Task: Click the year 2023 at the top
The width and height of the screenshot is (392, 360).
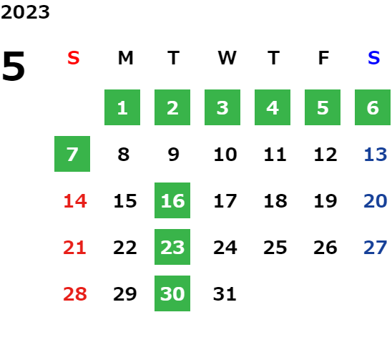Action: pyautogui.click(x=25, y=12)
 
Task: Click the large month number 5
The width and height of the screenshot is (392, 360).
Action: pyautogui.click(x=14, y=66)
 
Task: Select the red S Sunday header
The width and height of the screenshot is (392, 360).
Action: pyautogui.click(x=74, y=58)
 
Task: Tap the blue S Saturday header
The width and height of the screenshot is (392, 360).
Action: pyautogui.click(x=373, y=58)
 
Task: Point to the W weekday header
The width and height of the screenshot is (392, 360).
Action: pyautogui.click(x=227, y=58)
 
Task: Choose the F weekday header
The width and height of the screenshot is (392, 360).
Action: pyautogui.click(x=323, y=58)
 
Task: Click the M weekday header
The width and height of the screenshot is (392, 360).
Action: pyautogui.click(x=125, y=58)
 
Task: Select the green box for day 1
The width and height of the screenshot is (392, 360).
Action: pyautogui.click(x=122, y=107)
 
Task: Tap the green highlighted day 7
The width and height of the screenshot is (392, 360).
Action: pyautogui.click(x=72, y=154)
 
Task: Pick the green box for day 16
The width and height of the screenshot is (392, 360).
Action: pyautogui.click(x=172, y=200)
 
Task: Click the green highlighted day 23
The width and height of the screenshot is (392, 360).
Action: pyautogui.click(x=172, y=247)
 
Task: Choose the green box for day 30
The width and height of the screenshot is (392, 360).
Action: pyautogui.click(x=172, y=293)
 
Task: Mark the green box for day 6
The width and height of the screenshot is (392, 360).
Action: pyautogui.click(x=373, y=107)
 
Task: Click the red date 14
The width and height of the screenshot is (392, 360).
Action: pyautogui.click(x=75, y=201)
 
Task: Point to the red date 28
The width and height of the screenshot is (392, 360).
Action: pyautogui.click(x=75, y=294)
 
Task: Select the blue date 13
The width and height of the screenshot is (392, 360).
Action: pyautogui.click(x=376, y=155)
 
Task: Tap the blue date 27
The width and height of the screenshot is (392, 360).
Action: pyautogui.click(x=376, y=248)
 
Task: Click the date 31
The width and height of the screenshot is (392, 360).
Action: pyautogui.click(x=225, y=294)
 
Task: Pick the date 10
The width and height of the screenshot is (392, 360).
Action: pyautogui.click(x=225, y=155)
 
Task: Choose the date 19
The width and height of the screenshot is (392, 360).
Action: pyautogui.click(x=325, y=201)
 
